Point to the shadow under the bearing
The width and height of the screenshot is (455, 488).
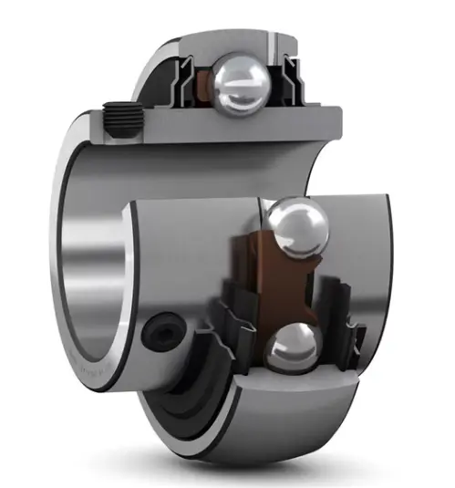pos(274,470)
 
